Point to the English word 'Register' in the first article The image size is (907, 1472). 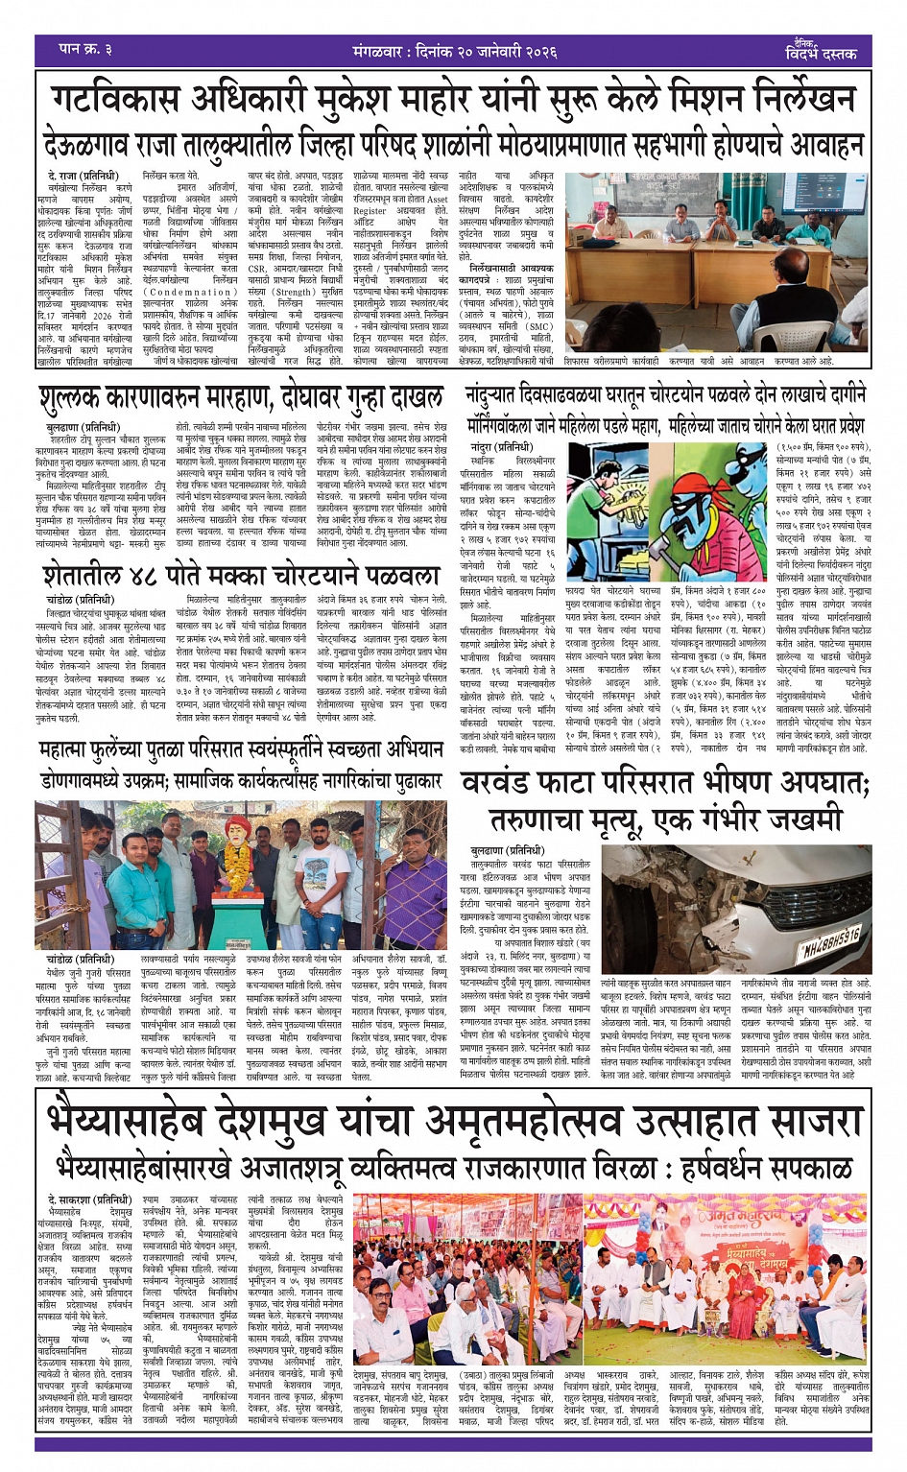click(370, 210)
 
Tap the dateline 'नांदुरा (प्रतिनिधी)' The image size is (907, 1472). click(494, 448)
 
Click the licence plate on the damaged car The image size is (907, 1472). click(830, 940)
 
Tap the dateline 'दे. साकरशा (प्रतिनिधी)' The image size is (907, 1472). click(89, 1199)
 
